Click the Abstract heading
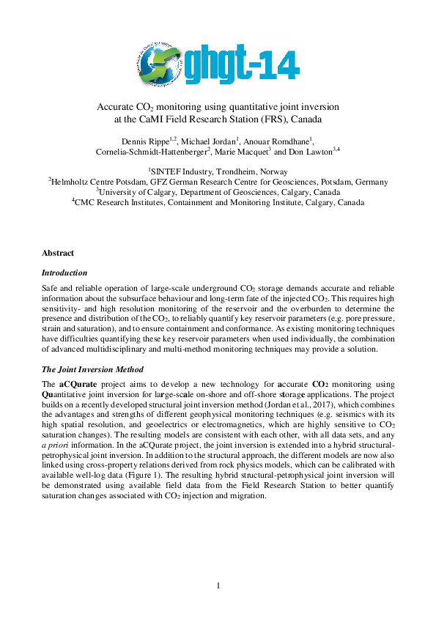[58, 253]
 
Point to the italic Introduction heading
[64, 272]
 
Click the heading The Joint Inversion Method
[92, 369]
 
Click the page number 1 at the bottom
[218, 585]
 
